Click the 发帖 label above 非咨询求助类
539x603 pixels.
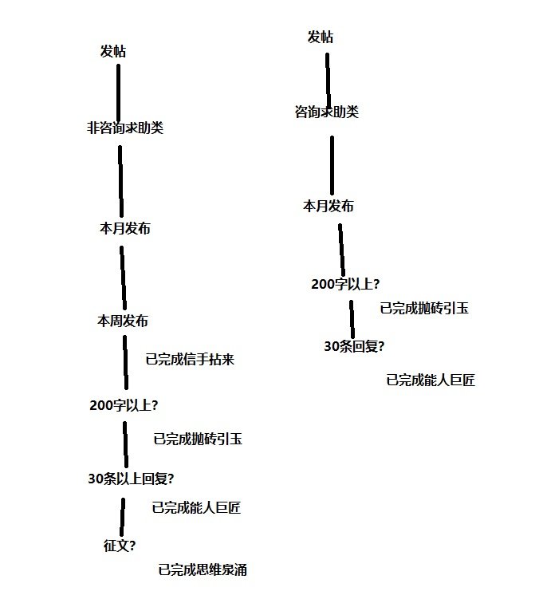pos(113,51)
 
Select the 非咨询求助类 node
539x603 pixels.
pos(125,128)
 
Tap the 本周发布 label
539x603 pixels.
pos(123,321)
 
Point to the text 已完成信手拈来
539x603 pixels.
pos(190,359)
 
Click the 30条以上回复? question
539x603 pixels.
pos(131,479)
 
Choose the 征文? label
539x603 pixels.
pos(120,546)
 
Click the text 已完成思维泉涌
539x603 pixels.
pos(203,569)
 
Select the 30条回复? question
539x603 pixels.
pos(354,346)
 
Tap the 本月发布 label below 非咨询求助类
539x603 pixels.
pos(125,228)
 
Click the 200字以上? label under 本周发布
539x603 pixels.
pos(124,405)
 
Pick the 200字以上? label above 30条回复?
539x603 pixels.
pos(345,284)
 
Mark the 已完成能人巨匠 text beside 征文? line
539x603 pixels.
pos(196,507)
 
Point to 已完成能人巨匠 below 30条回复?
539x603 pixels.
pos(431,380)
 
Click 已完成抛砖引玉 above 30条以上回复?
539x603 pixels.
pos(198,439)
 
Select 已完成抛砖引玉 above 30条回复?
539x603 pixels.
pos(424,308)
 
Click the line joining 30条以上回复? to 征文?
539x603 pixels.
pos(122,517)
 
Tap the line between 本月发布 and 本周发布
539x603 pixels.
pos(123,278)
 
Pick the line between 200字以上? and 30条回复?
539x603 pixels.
pos(352,319)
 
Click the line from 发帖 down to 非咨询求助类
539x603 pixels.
pos(119,93)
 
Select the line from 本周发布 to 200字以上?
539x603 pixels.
pos(125,362)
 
